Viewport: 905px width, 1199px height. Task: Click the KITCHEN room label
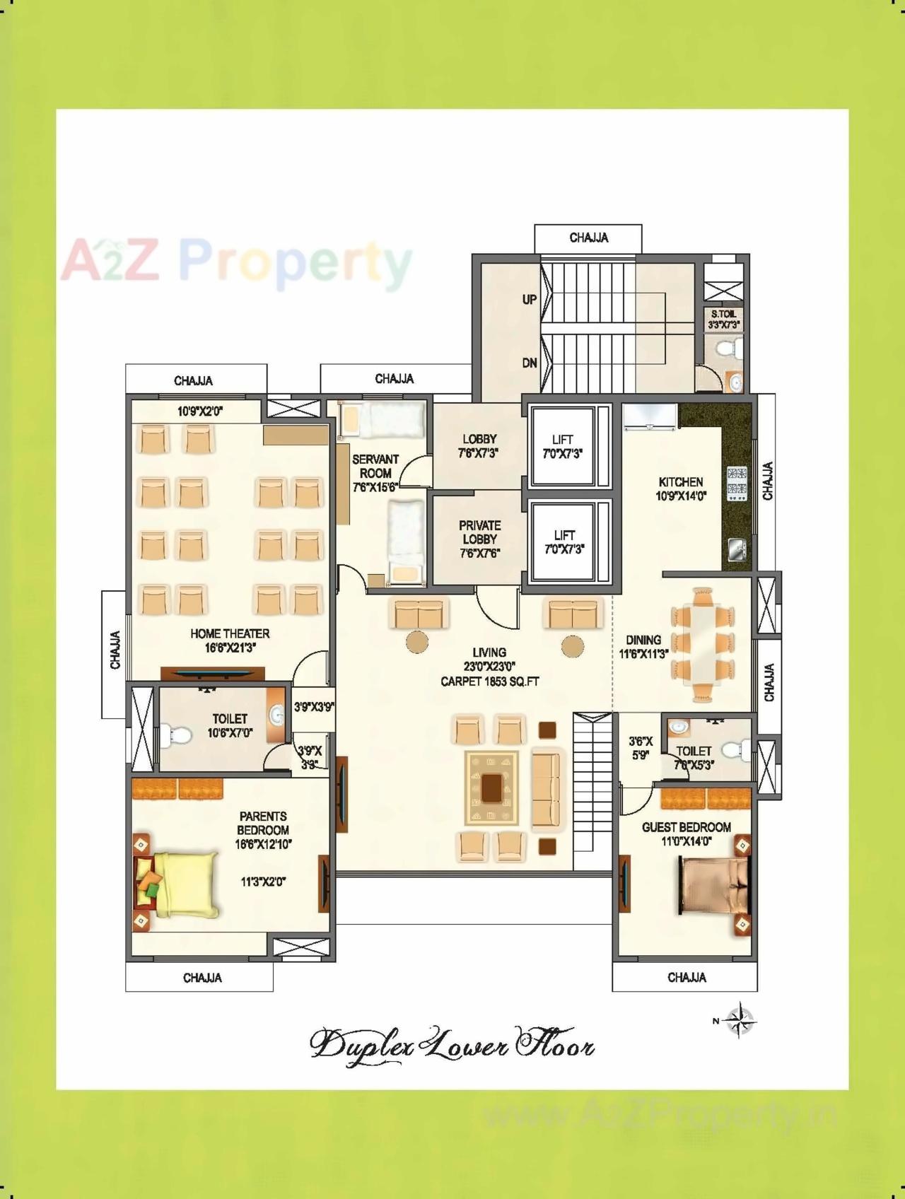(x=680, y=482)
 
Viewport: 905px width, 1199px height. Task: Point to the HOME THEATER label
(x=230, y=633)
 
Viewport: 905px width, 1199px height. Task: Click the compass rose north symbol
(x=740, y=1019)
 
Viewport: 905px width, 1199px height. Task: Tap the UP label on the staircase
(x=530, y=299)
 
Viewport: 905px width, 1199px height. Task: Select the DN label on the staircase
(x=530, y=363)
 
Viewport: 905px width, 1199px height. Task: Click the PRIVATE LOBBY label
(x=480, y=532)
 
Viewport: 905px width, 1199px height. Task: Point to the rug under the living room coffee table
(x=491, y=788)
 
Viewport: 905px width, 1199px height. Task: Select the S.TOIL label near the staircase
(x=723, y=314)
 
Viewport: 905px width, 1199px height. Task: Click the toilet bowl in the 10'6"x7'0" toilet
(x=175, y=735)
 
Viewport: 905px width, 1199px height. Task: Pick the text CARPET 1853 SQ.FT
(x=490, y=682)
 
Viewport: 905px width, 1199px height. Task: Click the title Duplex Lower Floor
(x=452, y=1043)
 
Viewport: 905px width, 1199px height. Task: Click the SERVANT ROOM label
(x=375, y=466)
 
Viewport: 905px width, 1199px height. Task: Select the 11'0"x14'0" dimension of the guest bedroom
(x=686, y=841)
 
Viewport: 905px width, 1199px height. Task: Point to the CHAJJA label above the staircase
(x=588, y=238)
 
